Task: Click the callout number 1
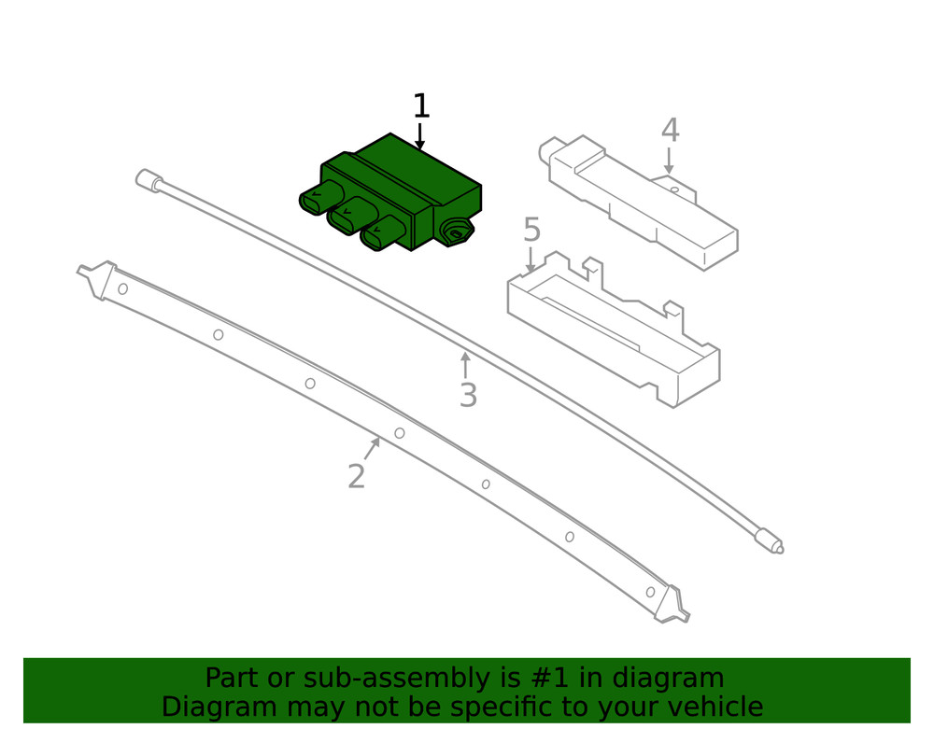click(x=421, y=106)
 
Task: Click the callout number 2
click(x=356, y=477)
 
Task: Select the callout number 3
click(x=468, y=396)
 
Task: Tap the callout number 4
click(x=670, y=131)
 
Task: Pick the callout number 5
click(x=531, y=230)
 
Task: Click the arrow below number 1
click(x=420, y=137)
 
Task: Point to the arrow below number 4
click(x=669, y=161)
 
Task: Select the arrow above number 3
click(x=465, y=364)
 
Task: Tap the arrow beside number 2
click(x=372, y=449)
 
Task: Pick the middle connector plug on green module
click(x=347, y=216)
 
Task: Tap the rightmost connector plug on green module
click(x=380, y=233)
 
